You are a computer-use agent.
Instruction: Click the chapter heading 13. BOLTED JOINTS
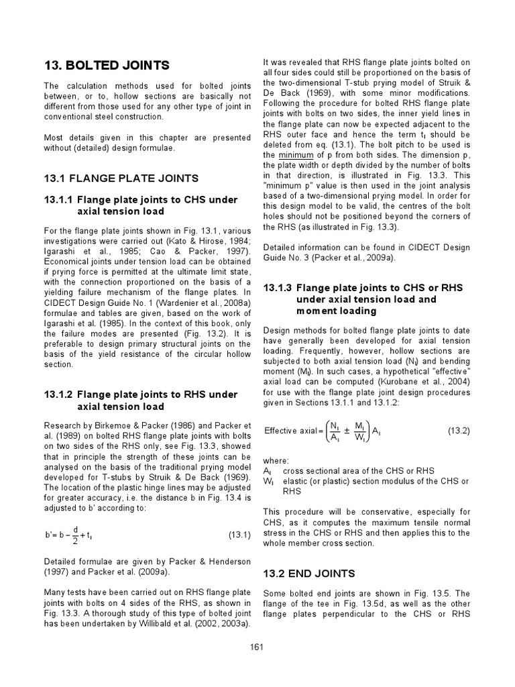pyautogui.click(x=107, y=65)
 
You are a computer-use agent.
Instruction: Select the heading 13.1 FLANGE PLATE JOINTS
pyautogui.click(x=121, y=178)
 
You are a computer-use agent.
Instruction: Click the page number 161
pyautogui.click(x=257, y=647)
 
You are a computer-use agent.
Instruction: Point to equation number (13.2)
pyautogui.click(x=459, y=431)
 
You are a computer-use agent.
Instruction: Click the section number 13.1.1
pyautogui.click(x=58, y=200)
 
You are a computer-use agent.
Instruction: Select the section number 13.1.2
pyautogui.click(x=58, y=394)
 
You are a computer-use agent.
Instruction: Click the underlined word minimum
pyautogui.click(x=287, y=154)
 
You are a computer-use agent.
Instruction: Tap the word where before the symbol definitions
pyautogui.click(x=276, y=461)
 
